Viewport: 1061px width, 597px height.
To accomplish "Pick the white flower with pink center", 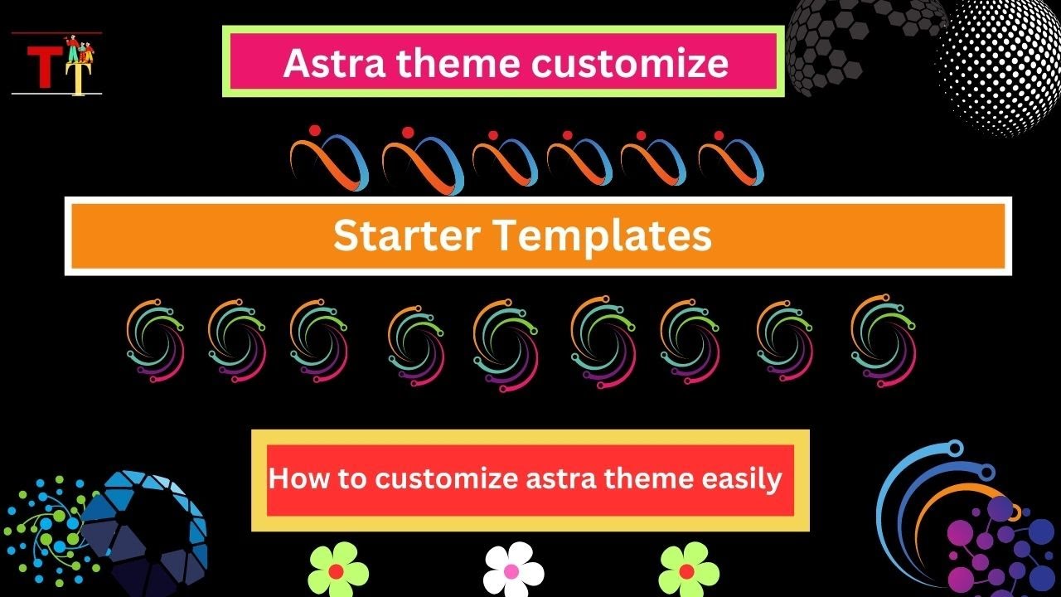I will click(x=513, y=570).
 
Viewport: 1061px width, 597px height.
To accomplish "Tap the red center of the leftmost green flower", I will click(x=337, y=571).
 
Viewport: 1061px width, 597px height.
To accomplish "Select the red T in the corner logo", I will click(x=40, y=66).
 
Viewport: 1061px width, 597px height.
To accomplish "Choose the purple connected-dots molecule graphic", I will click(x=995, y=543).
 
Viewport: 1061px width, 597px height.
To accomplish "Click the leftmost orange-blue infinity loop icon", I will click(x=328, y=159).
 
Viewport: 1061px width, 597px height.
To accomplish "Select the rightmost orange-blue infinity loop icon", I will click(x=730, y=159).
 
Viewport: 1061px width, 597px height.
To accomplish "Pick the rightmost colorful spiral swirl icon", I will click(x=882, y=340).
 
